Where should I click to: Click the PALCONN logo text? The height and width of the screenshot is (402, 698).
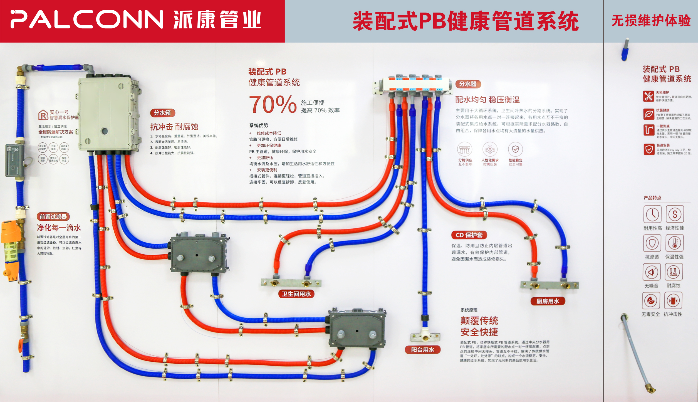[x=86, y=20]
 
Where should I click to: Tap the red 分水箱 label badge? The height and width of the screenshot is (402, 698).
[x=162, y=113]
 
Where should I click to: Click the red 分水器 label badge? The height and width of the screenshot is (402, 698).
[x=468, y=84]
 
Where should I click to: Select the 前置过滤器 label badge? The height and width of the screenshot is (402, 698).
[x=53, y=216]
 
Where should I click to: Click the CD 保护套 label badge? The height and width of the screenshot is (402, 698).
[x=469, y=235]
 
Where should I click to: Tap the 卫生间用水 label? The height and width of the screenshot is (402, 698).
[x=296, y=294]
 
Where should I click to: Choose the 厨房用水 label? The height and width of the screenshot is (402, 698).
[x=548, y=301]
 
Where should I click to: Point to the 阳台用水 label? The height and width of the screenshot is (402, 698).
[x=422, y=350]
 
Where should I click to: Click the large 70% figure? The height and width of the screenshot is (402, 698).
[x=273, y=105]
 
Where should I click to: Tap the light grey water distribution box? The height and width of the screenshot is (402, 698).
[x=107, y=114]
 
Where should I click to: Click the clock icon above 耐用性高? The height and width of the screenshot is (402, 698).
[x=652, y=214]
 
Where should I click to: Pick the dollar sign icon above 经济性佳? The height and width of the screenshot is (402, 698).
[x=675, y=214]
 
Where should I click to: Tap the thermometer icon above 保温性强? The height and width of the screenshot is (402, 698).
[x=674, y=243]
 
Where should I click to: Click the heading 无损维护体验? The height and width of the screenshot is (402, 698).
[x=651, y=21]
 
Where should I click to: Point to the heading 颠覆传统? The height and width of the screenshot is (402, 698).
[x=479, y=320]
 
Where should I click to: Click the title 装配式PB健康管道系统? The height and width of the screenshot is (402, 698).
[x=466, y=21]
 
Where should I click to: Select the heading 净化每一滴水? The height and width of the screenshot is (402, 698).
[x=59, y=228]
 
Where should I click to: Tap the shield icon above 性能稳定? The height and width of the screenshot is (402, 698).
[x=515, y=149]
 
